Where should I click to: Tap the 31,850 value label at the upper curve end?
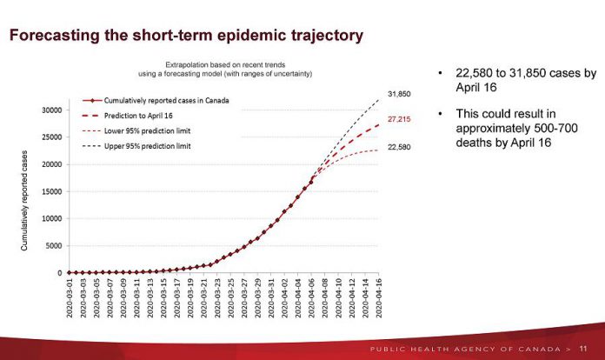click(399, 93)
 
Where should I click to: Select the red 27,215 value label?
click(399, 119)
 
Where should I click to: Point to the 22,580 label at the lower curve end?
click(399, 148)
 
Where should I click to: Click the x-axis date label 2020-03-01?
click(70, 297)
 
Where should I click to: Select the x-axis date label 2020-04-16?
click(380, 297)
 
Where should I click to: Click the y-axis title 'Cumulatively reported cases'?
click(24, 202)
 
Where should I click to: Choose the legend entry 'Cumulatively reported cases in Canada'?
click(161, 101)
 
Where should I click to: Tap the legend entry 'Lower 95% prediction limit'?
click(141, 130)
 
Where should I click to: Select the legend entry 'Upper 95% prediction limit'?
click(141, 145)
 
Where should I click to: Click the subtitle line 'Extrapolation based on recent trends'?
click(236, 64)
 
